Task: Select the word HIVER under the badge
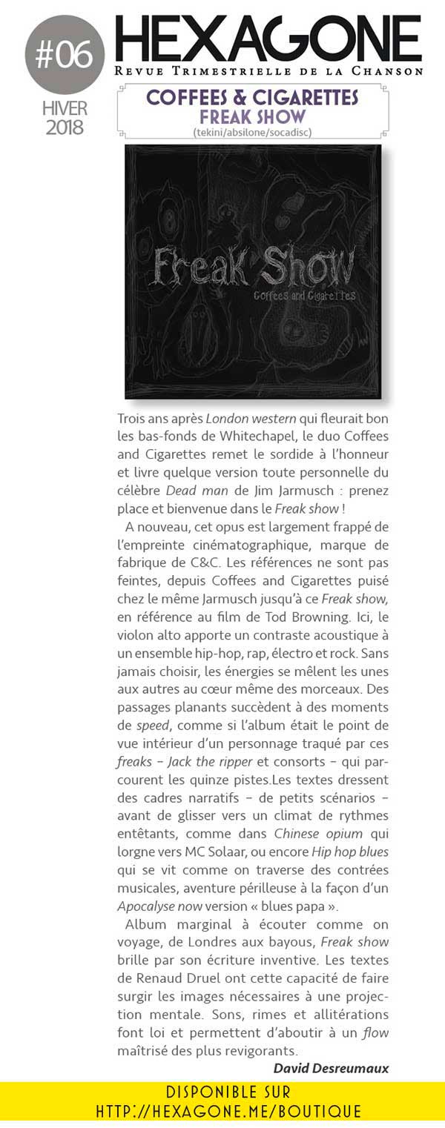pos(65,108)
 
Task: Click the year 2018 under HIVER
pos(65,127)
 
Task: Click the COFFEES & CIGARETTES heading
pos(252,97)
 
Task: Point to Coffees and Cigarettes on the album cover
pos(305,294)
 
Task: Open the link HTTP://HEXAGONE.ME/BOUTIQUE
pos(228,1111)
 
